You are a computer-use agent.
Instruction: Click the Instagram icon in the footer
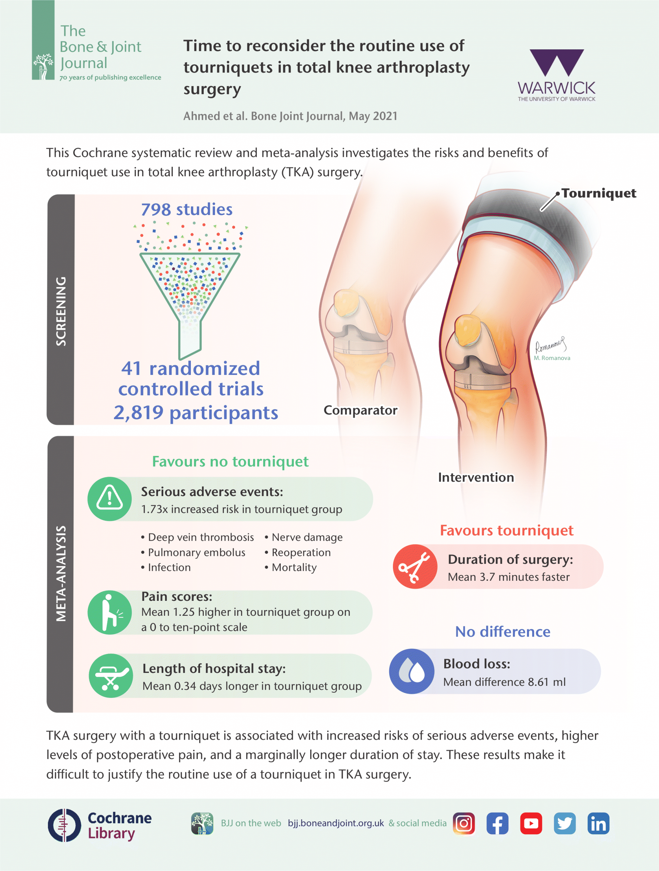(x=464, y=823)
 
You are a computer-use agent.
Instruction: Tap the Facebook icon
(x=497, y=823)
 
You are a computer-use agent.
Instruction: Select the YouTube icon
(x=531, y=823)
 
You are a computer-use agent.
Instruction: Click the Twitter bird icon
(x=564, y=823)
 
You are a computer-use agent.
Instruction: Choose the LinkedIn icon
(x=598, y=823)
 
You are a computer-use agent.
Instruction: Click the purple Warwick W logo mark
(x=557, y=63)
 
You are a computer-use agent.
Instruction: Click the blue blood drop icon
(x=412, y=671)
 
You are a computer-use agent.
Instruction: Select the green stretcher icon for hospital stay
(x=111, y=676)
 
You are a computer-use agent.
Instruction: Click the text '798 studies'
(x=186, y=210)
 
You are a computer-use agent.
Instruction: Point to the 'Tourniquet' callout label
(x=598, y=193)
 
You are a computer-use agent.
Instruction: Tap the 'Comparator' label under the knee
(x=360, y=410)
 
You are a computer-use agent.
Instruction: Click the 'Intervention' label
(x=476, y=477)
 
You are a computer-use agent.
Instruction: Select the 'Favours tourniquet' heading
(x=506, y=530)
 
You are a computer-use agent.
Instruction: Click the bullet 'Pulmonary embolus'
(x=193, y=553)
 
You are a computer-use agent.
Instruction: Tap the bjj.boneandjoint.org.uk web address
(x=336, y=823)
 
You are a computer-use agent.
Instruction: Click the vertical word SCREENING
(x=61, y=311)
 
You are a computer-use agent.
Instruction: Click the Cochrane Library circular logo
(x=64, y=825)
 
